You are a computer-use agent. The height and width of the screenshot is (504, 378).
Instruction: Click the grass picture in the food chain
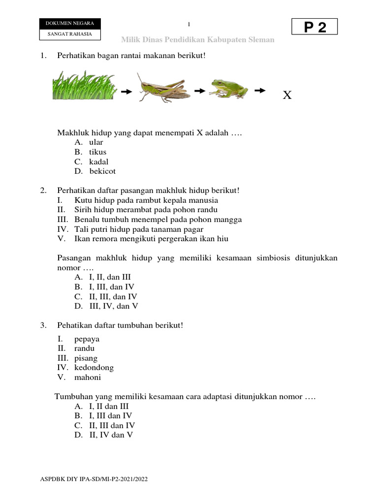coord(84,86)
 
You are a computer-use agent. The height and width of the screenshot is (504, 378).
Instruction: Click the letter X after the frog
coord(287,95)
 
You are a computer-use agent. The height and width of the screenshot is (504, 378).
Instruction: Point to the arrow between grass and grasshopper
coord(126,92)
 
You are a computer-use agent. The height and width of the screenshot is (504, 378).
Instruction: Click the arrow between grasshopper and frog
coord(199,91)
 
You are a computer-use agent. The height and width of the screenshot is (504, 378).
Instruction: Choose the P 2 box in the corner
coord(315,27)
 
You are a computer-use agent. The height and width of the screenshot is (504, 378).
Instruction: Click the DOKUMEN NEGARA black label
coord(70,24)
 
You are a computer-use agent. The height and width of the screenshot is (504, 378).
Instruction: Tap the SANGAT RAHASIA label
coord(70,34)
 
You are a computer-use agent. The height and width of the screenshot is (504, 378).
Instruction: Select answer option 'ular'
coord(96,142)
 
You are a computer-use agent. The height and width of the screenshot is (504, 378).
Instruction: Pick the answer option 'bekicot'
coord(102,172)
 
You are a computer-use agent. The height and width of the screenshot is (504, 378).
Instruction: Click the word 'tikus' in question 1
coord(97,152)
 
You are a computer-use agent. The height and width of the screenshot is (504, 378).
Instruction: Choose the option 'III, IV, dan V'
coord(113,306)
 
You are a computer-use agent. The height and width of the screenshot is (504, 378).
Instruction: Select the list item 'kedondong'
coord(94,368)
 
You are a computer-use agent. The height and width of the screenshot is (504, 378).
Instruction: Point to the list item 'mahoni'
coord(88,378)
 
